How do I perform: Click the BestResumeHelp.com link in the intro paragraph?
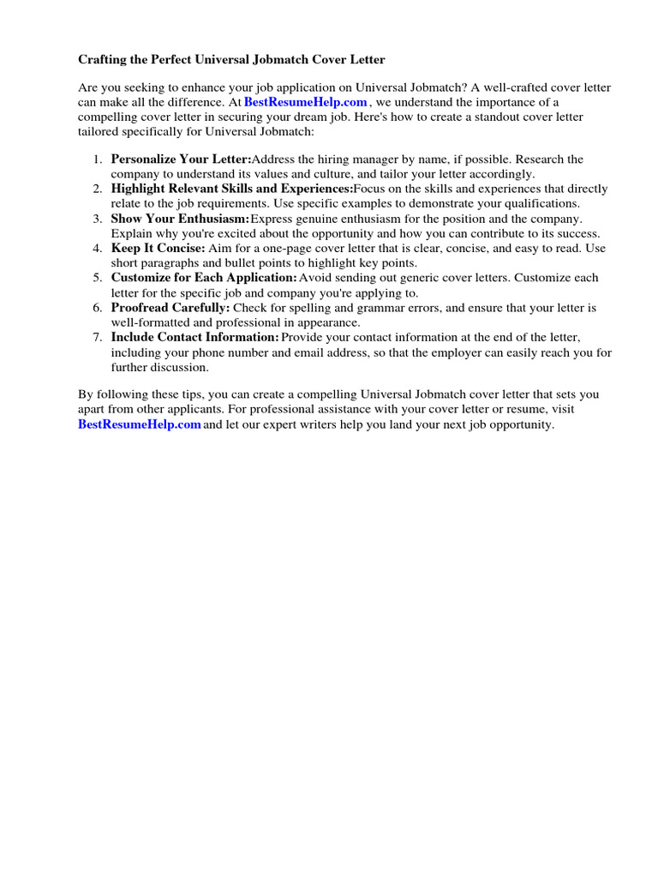tap(306, 102)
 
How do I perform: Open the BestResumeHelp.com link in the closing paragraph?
tap(140, 424)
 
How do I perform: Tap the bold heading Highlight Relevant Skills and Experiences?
tap(231, 189)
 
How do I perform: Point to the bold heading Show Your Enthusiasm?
tap(180, 219)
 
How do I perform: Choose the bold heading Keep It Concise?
tap(158, 248)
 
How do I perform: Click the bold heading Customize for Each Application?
tap(204, 278)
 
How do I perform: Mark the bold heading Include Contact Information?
tap(194, 337)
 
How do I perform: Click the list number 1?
tap(98, 159)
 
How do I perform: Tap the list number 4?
tap(98, 248)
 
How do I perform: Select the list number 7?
tap(98, 337)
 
